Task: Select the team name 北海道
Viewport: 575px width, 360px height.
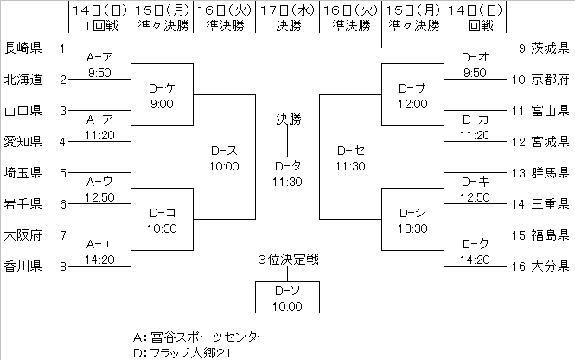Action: (22, 80)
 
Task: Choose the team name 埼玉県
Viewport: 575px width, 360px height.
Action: (22, 173)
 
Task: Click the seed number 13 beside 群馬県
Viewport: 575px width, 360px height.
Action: (517, 173)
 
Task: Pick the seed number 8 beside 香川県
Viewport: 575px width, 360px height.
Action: (62, 267)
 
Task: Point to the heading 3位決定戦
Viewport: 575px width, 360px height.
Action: (287, 260)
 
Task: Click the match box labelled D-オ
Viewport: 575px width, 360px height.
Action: (475, 63)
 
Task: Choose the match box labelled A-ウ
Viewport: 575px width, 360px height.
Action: (100, 189)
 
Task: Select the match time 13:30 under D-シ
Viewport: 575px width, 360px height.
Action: (413, 228)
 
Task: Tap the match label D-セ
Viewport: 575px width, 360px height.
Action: (350, 150)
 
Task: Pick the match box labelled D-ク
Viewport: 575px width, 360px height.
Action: (475, 250)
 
